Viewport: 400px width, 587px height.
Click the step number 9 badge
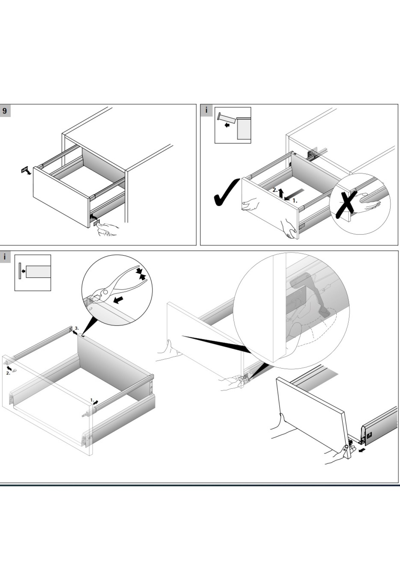[x=5, y=111]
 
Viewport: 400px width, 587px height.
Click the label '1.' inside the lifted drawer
[x=295, y=201]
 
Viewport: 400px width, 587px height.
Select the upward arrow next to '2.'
[x=281, y=192]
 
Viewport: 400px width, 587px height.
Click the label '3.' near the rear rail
[x=77, y=328]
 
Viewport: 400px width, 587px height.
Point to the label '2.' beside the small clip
[x=8, y=373]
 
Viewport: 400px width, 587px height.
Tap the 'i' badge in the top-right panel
[x=207, y=110]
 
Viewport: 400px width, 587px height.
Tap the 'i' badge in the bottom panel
[x=5, y=257]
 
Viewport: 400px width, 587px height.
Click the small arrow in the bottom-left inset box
[x=23, y=271]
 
